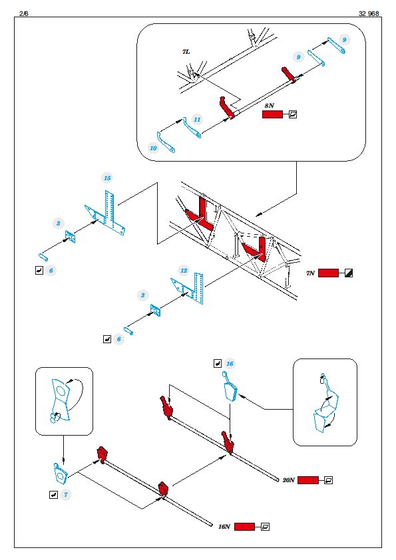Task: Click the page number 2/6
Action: click(23, 13)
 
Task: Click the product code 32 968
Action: click(369, 13)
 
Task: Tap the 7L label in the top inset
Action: click(186, 52)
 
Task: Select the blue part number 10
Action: click(153, 148)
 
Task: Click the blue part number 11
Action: click(197, 119)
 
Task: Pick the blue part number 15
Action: click(107, 178)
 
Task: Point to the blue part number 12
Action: click(184, 271)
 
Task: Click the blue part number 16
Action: click(230, 364)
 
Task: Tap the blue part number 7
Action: click(66, 495)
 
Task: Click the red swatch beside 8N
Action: click(272, 114)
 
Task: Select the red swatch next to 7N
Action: click(328, 273)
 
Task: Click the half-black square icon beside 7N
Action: click(349, 273)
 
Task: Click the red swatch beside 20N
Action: click(307, 480)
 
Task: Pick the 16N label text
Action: click(224, 527)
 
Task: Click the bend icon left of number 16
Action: click(217, 364)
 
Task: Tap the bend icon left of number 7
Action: click(53, 495)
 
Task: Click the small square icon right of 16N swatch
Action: click(265, 527)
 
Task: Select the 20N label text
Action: click(288, 480)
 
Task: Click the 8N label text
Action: click(270, 106)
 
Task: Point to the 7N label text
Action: click(310, 273)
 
